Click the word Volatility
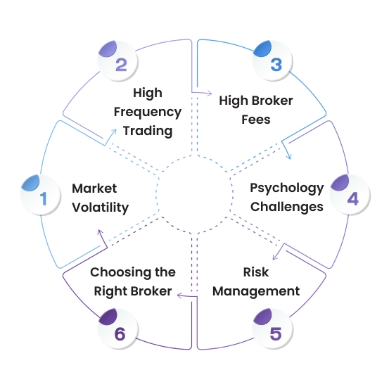tap(101, 208)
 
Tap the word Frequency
tap(147, 112)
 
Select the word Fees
tap(256, 120)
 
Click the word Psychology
tap(287, 188)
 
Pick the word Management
tap(256, 291)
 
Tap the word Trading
tap(147, 131)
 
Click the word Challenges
tap(287, 207)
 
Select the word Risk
tap(256, 272)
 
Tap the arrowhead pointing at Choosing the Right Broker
tap(181, 297)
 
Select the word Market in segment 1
tap(94, 189)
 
